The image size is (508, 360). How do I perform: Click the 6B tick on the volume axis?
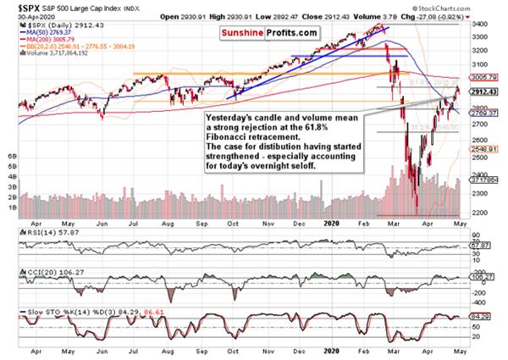click(12, 158)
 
